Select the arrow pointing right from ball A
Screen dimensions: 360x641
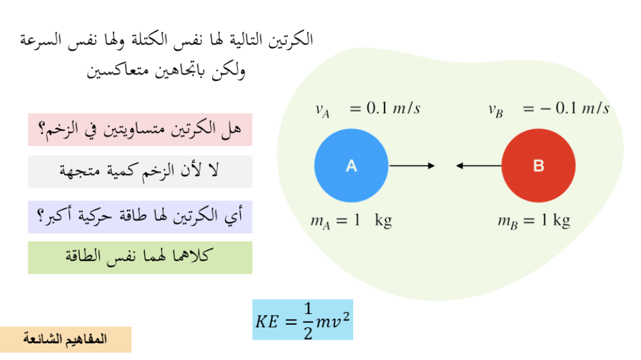point(412,166)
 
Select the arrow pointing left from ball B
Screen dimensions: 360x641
point(479,166)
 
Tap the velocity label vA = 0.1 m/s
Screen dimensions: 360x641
point(367,109)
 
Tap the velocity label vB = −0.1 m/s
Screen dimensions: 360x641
point(549,109)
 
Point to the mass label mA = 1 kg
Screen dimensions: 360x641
point(351,222)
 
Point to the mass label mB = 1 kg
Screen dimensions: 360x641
point(534,222)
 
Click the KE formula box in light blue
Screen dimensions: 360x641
point(303,320)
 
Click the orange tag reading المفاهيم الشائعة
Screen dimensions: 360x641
point(65,340)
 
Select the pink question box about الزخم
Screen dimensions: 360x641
point(140,129)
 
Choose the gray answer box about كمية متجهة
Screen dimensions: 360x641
point(140,171)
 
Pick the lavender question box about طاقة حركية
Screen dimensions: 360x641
point(140,217)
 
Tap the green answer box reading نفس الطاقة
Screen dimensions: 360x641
point(140,258)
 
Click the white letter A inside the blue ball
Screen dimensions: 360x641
point(351,166)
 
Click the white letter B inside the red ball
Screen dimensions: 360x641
point(538,166)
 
